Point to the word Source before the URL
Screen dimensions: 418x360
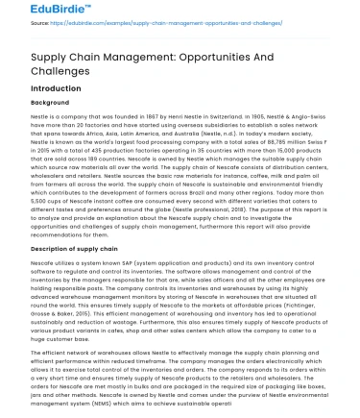13,31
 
